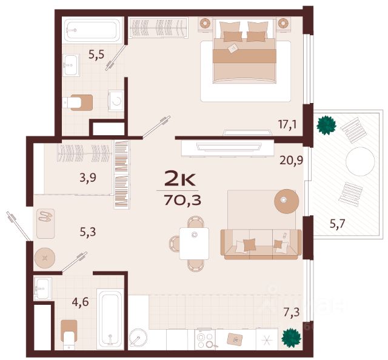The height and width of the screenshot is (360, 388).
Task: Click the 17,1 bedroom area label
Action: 287,124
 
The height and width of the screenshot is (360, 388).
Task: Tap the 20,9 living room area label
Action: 291,161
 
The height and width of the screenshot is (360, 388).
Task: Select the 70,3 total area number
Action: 182,200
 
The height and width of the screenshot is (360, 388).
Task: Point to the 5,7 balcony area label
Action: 338,224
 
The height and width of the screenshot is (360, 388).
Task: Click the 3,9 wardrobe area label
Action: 88,178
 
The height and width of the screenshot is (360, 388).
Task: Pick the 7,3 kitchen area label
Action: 292,312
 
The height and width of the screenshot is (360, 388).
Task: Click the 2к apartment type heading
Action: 180,179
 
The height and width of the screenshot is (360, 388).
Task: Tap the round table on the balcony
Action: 360,162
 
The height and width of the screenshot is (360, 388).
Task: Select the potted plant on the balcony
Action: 326,125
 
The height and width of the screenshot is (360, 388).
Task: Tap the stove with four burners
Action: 205,339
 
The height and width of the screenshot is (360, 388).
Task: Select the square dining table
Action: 194,244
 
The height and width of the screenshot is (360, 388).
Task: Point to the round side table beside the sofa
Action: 287,201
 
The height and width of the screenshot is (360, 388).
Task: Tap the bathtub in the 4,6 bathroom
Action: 110,319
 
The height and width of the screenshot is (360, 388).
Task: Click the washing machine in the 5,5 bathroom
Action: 116,101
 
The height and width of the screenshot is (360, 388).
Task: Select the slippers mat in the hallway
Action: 45,224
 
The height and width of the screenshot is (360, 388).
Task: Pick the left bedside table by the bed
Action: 205,24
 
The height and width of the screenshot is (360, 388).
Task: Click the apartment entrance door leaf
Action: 19,226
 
